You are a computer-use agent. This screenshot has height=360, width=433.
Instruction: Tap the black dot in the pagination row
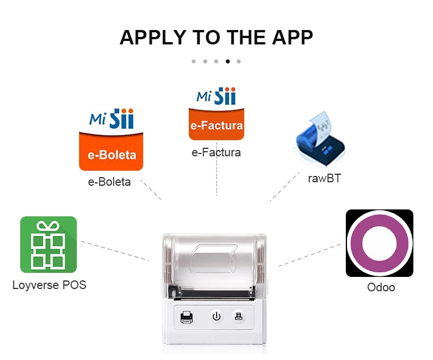click(x=227, y=61)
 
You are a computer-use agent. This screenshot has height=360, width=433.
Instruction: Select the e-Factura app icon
click(x=216, y=114)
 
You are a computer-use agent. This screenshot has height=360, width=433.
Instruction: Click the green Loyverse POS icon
click(x=48, y=244)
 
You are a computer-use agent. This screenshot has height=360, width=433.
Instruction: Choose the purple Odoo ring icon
click(x=379, y=243)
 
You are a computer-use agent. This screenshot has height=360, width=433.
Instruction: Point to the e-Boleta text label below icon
click(x=109, y=182)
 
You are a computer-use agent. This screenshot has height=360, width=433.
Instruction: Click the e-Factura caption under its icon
click(x=216, y=153)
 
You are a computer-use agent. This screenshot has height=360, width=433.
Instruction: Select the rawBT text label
click(x=324, y=178)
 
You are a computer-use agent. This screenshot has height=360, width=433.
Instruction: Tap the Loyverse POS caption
click(x=49, y=284)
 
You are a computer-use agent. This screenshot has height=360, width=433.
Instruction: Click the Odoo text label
click(x=381, y=287)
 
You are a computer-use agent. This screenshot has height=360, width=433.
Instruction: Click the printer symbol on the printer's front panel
click(x=186, y=317)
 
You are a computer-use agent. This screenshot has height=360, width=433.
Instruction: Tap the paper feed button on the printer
click(x=237, y=316)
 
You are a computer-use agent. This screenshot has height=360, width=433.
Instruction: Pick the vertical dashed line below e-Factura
click(x=216, y=176)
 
